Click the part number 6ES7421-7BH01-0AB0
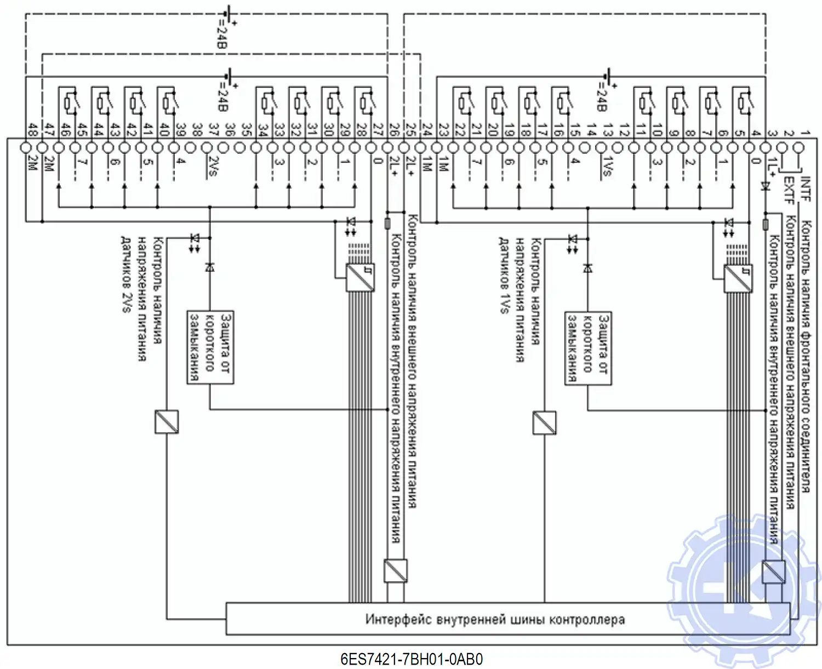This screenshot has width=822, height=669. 412,659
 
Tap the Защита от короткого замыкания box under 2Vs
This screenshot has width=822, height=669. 210,347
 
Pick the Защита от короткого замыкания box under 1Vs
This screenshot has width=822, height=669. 588,347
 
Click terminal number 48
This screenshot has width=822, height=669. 32,130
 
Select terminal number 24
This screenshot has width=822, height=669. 427,130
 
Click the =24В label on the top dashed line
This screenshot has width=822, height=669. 221,34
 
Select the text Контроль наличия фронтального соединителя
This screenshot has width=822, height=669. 806,356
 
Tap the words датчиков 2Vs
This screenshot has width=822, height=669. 125,274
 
